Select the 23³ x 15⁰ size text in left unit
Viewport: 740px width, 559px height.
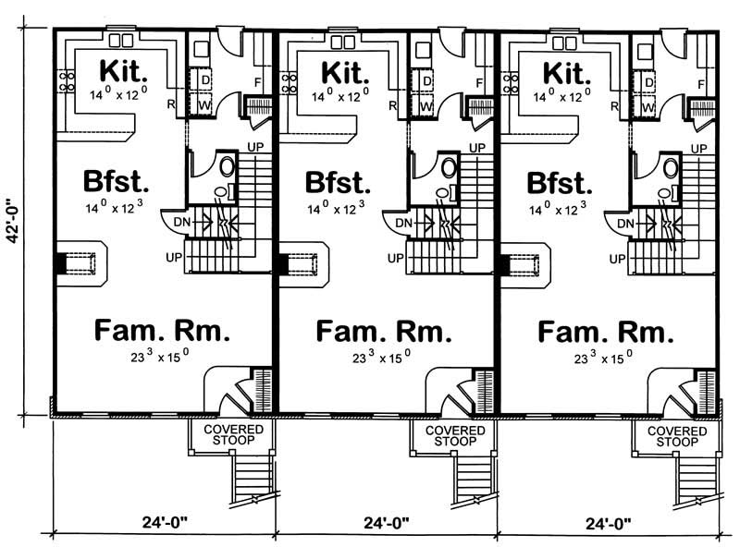click(162, 357)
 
